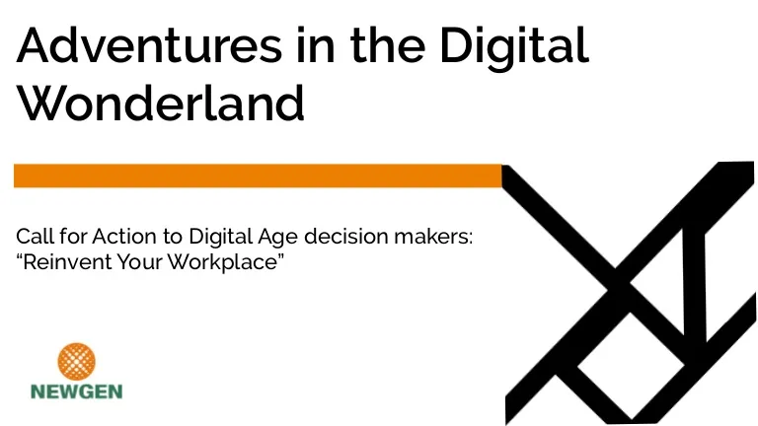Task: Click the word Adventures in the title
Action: (x=149, y=45)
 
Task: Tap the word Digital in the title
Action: (x=514, y=48)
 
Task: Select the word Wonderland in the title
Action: (x=161, y=103)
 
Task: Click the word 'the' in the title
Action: (x=388, y=45)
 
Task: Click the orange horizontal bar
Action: (x=258, y=176)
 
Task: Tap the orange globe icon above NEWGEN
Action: (x=76, y=362)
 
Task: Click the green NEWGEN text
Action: (x=76, y=391)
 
